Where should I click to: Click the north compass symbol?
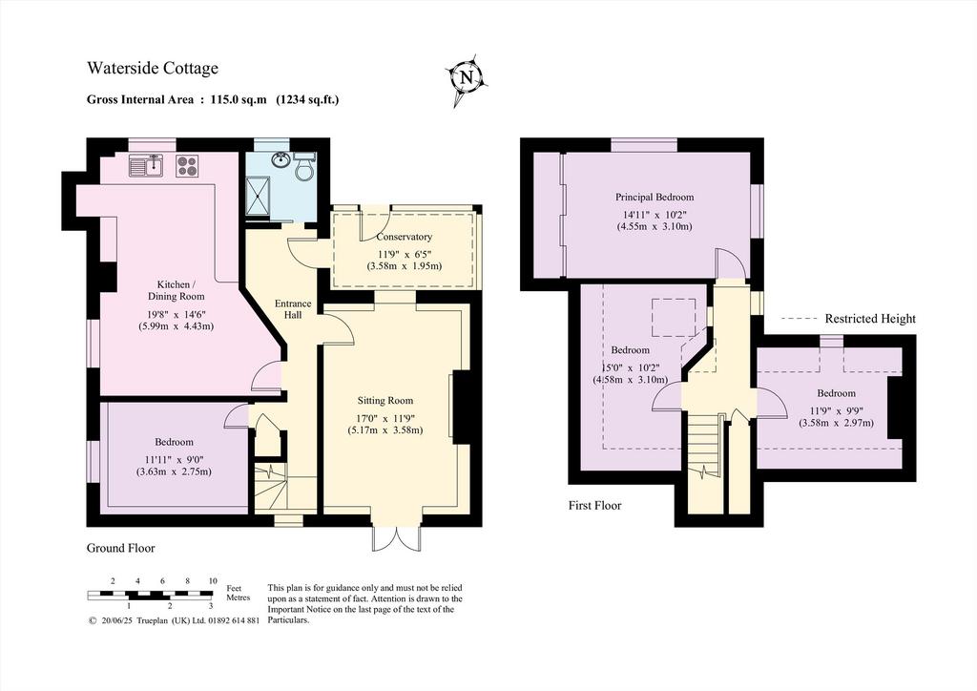point(467,79)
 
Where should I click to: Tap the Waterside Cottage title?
point(153,68)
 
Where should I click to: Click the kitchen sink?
point(146,165)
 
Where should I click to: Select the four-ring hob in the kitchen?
point(188,165)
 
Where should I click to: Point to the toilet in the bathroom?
point(304,166)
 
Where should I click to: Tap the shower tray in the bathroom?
point(258,196)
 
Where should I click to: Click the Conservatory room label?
point(404,237)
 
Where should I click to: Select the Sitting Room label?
point(385,401)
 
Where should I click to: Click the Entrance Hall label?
point(293,309)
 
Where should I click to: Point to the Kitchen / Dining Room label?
point(177,290)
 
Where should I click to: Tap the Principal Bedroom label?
point(655,197)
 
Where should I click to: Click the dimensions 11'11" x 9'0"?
point(174,460)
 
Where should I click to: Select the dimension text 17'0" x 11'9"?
point(385,419)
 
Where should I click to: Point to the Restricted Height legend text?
point(870,319)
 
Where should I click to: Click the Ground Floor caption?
point(121,548)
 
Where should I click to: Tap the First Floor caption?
point(595,505)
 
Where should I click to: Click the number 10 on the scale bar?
point(213,580)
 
